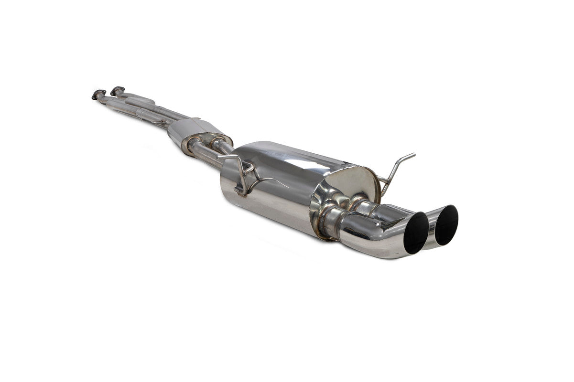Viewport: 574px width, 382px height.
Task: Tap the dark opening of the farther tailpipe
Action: [446, 225]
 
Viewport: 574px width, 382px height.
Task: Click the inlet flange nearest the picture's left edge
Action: [98, 94]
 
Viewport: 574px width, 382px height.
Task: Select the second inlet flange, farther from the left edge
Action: [117, 90]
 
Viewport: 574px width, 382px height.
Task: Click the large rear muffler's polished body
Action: [268, 191]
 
